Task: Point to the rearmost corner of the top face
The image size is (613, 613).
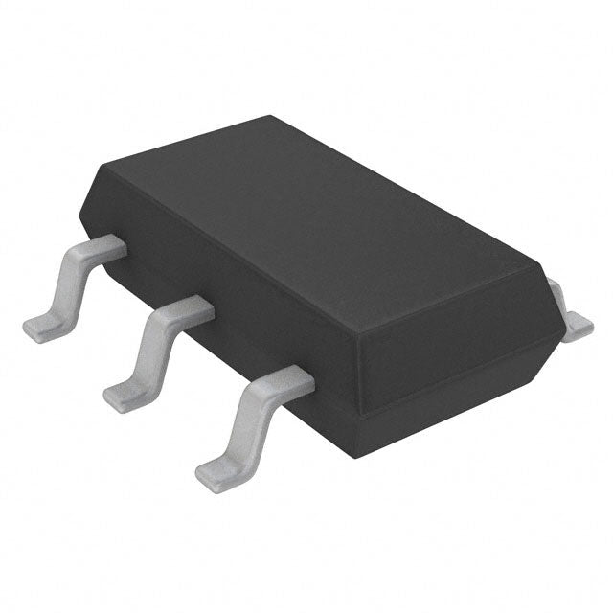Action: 270,118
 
